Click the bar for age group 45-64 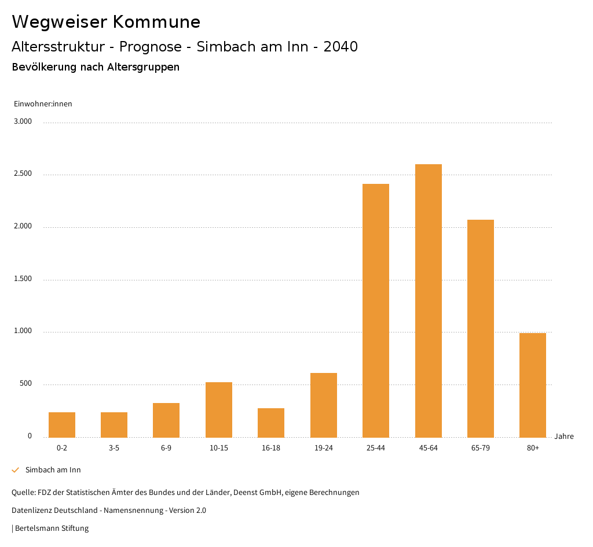(x=428, y=301)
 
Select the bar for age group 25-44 (x=376, y=311)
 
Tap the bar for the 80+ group (x=533, y=385)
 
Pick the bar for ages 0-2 (x=62, y=425)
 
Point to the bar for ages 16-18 (x=271, y=423)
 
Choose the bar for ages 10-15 (x=219, y=410)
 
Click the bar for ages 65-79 (x=481, y=328)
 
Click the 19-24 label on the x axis (x=324, y=448)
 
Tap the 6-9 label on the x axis (x=166, y=448)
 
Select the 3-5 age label (x=114, y=448)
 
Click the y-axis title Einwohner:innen (x=43, y=104)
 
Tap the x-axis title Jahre (x=564, y=437)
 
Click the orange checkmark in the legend (x=16, y=470)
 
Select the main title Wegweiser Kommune (x=106, y=21)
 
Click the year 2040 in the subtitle (x=341, y=47)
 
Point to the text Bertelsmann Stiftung (x=52, y=528)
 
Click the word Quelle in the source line (x=23, y=493)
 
